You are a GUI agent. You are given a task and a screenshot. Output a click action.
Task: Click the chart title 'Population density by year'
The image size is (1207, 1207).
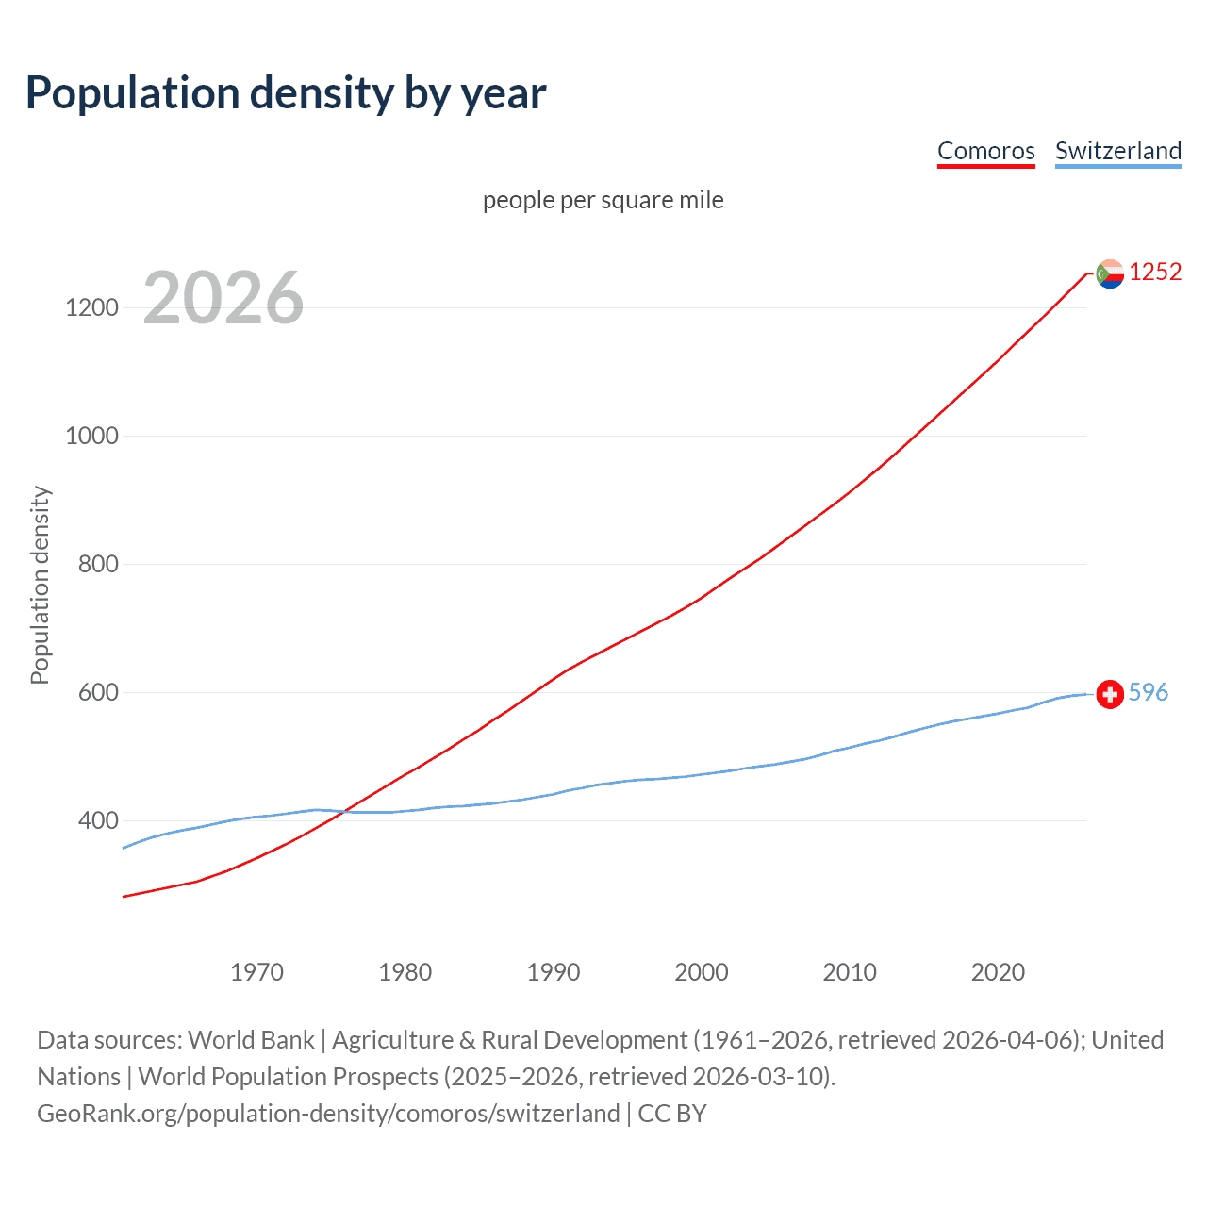click(x=286, y=93)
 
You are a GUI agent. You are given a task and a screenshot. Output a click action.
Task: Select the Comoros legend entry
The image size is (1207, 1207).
click(x=985, y=151)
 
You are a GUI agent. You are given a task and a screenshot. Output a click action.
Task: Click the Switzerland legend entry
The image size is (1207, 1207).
click(x=1117, y=151)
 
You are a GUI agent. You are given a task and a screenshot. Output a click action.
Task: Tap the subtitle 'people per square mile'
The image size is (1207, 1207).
click(x=603, y=200)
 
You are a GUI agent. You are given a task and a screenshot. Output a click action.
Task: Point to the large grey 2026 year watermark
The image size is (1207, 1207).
click(x=223, y=298)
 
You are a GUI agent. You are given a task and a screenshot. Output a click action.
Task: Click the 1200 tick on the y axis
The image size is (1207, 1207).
click(x=91, y=307)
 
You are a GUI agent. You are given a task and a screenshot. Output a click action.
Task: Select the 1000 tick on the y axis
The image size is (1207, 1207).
click(x=91, y=436)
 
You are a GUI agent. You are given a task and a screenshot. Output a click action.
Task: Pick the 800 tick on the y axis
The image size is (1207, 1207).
click(x=97, y=564)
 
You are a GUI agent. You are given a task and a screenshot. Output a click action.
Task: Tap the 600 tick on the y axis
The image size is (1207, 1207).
click(x=97, y=692)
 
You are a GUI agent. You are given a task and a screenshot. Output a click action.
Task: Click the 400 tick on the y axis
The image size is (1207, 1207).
click(x=97, y=820)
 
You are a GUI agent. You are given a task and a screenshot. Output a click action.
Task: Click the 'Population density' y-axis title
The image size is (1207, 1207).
click(x=40, y=585)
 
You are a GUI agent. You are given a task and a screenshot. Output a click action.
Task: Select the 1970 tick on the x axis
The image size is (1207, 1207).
click(x=256, y=972)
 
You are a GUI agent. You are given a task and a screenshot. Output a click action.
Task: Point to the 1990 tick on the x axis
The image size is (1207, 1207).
click(x=554, y=972)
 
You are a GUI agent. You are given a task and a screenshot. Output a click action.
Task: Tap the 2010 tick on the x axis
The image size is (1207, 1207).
click(x=850, y=972)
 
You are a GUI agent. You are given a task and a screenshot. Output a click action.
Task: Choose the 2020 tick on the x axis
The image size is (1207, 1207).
click(x=998, y=972)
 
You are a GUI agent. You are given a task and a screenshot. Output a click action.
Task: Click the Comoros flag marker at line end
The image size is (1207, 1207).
click(x=1110, y=273)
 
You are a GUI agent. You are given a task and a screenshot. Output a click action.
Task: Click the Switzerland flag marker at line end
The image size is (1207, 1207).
click(x=1110, y=695)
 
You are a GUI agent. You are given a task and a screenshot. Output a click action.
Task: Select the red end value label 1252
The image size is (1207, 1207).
click(x=1155, y=272)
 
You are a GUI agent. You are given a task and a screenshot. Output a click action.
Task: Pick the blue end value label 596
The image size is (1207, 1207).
click(x=1148, y=692)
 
